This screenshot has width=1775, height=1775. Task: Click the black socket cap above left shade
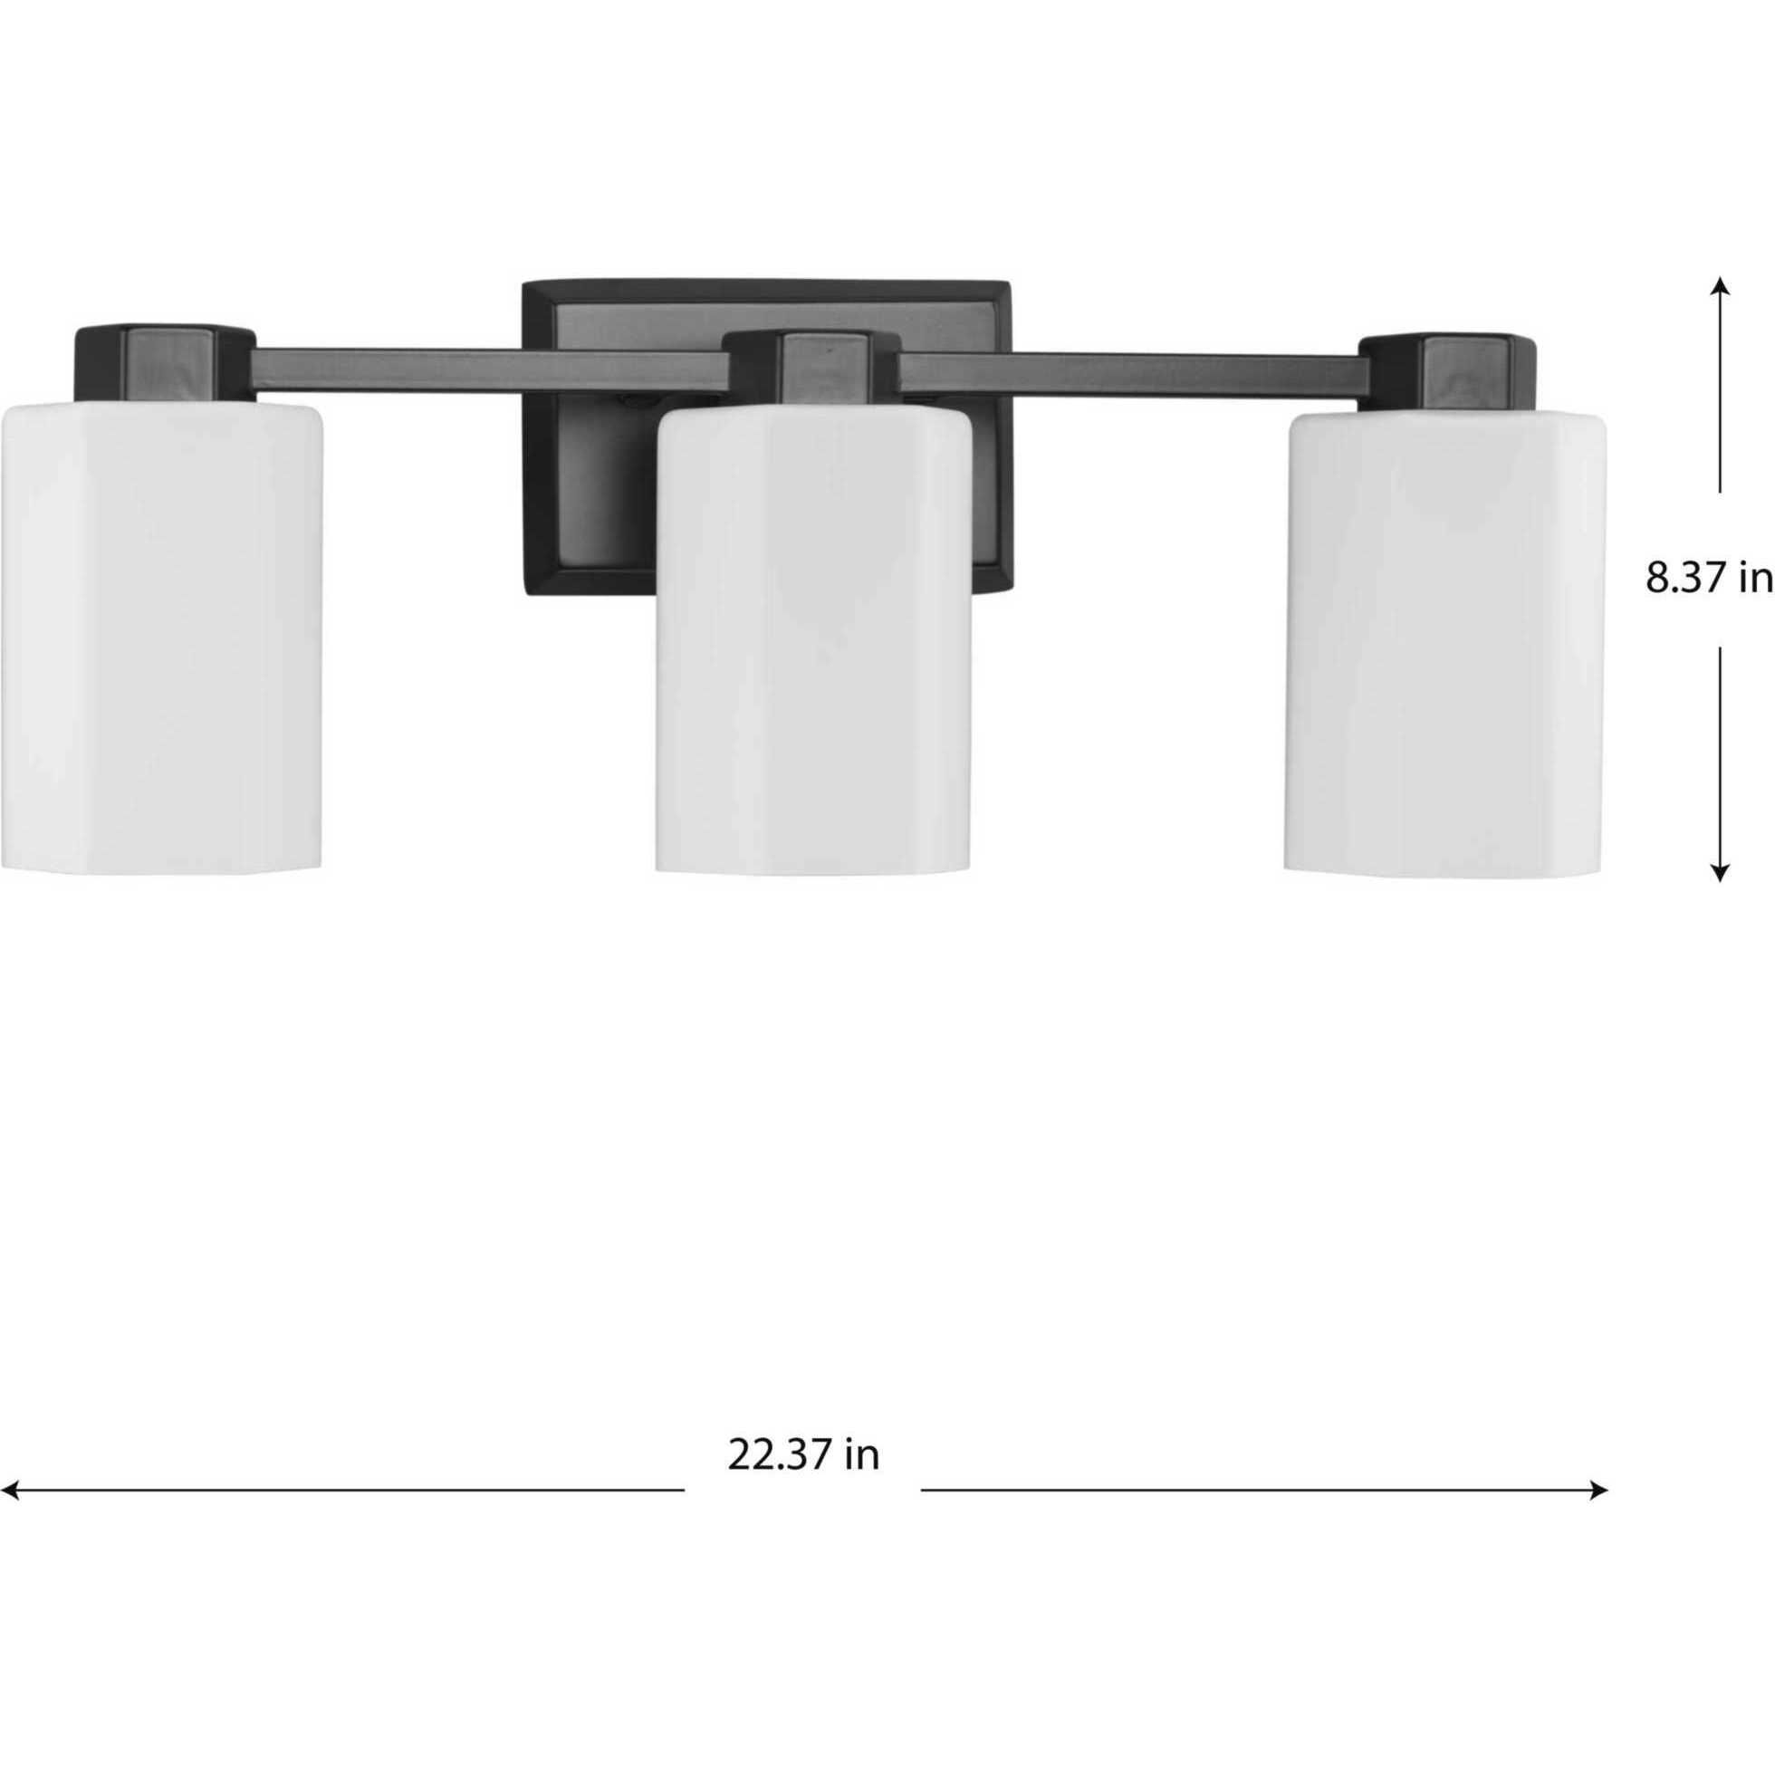(164, 362)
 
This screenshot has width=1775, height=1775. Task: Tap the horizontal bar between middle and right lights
(1130, 371)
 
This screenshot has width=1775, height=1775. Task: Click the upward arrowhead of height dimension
(1720, 287)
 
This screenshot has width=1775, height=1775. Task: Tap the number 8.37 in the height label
(1681, 579)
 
